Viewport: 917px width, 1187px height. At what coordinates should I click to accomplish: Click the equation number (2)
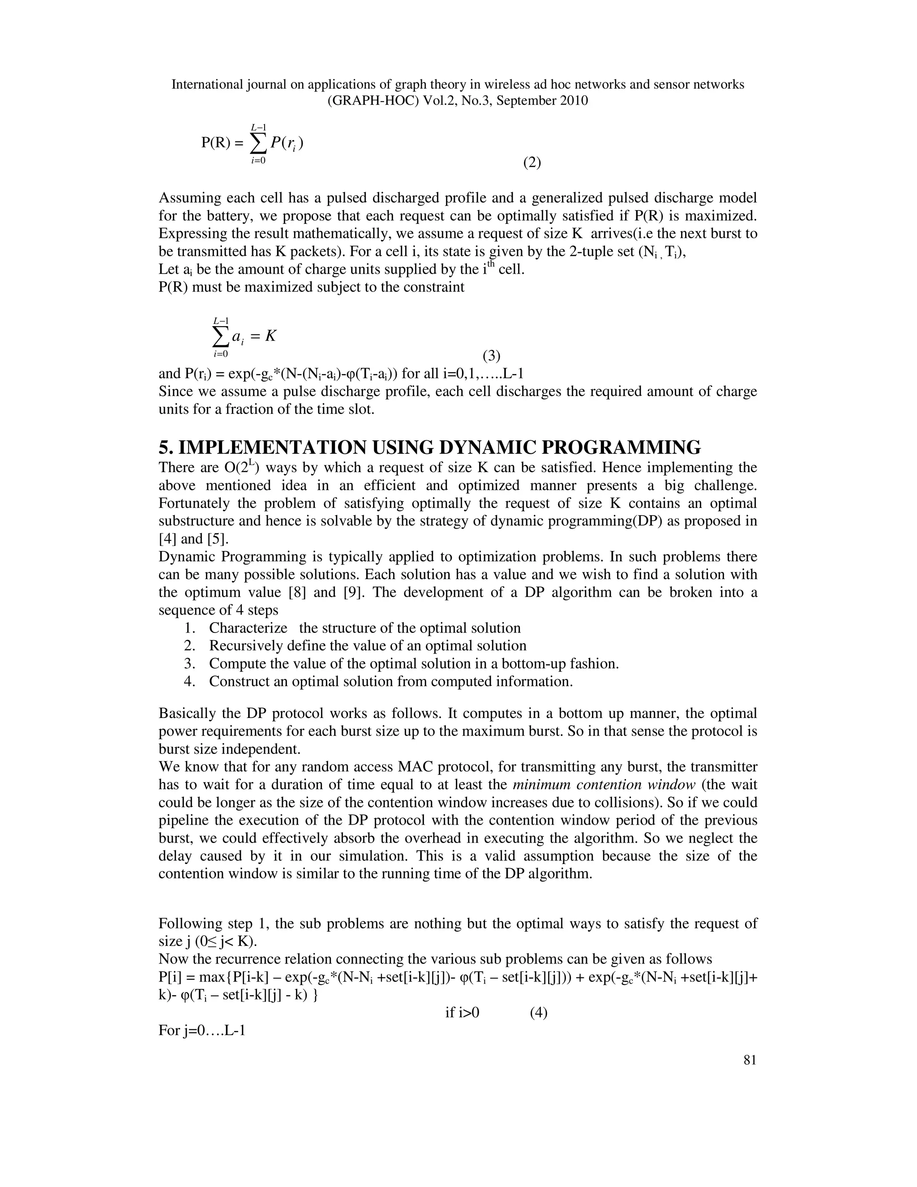pos(532,163)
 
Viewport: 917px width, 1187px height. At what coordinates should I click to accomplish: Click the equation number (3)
pos(491,356)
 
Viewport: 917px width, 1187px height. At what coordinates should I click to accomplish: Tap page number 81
pos(750,1060)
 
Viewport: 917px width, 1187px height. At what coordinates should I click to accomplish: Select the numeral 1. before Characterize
pos(189,628)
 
